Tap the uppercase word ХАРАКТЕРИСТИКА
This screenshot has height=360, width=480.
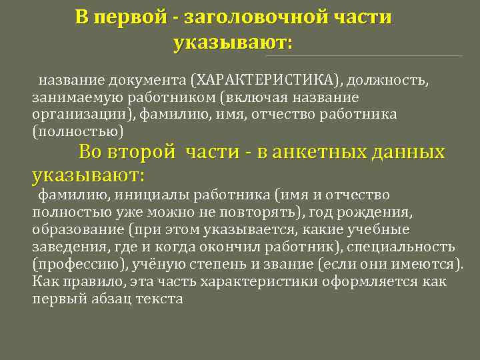(267, 81)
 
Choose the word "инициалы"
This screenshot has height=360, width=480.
(149, 195)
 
